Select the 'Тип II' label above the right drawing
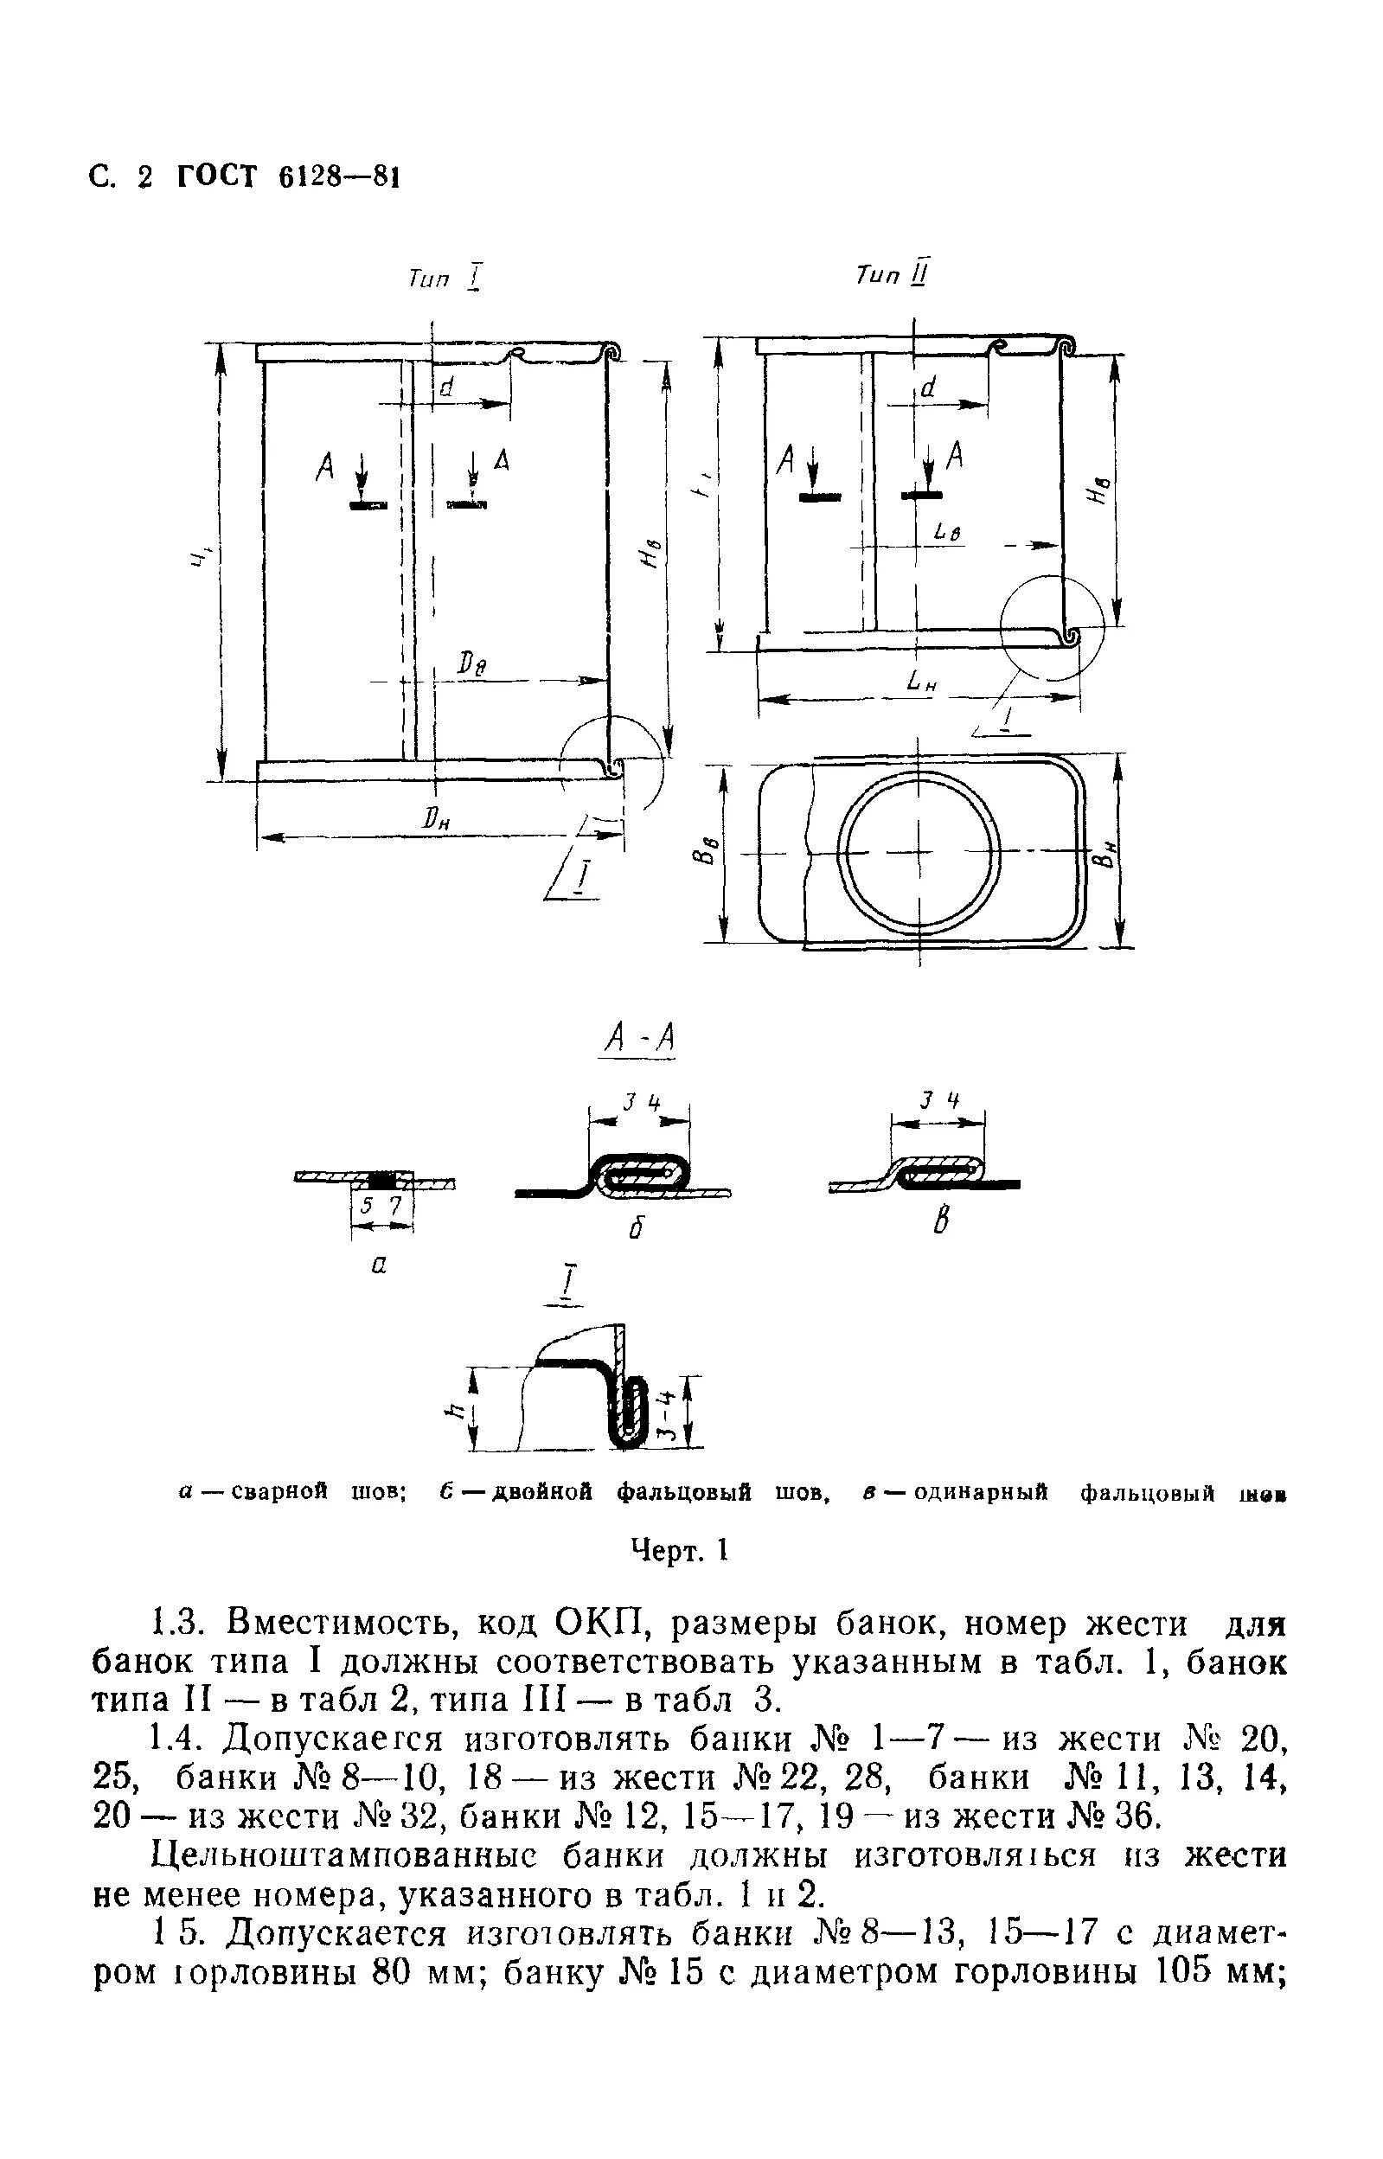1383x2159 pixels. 892,274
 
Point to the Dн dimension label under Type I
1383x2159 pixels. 438,819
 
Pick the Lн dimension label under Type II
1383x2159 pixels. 921,683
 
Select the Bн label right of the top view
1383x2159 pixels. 1109,849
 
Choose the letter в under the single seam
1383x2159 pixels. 940,1222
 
